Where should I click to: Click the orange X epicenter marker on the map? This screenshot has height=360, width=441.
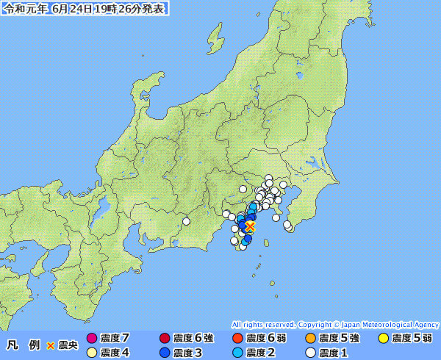pos(250,226)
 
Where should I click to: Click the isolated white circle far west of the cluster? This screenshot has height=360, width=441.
pos(187,221)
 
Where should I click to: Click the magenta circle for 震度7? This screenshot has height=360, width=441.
pos(92,339)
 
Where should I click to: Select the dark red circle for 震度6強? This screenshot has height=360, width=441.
pos(165,339)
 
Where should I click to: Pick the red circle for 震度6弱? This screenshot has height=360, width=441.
pos(237,339)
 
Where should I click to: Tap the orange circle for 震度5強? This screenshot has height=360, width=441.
pos(310,339)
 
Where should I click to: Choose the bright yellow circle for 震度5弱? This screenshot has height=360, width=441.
pos(383,339)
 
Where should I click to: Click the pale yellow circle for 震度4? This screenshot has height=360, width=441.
pos(92,353)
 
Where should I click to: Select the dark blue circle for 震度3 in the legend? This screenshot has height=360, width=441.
pos(165,353)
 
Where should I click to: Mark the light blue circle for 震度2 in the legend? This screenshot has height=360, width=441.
pos(237,353)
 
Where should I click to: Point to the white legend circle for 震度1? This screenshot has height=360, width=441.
pos(310,353)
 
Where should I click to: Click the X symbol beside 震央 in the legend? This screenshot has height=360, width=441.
pos(51,345)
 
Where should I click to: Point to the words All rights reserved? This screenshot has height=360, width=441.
pos(263,324)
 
